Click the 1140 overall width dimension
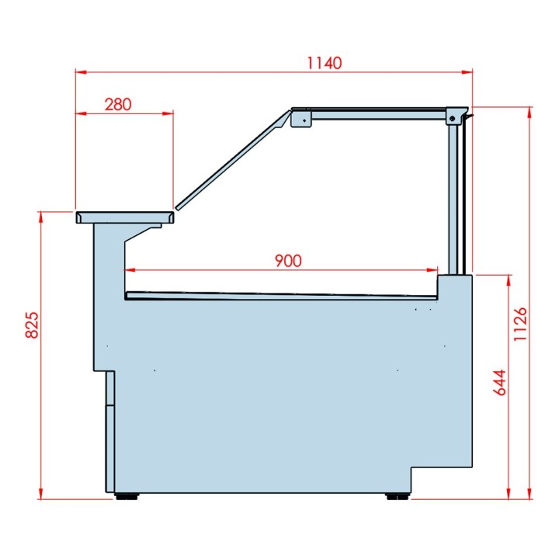[325, 63]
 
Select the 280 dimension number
[116, 104]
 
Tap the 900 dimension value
[287, 261]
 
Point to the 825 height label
[32, 325]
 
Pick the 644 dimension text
[500, 383]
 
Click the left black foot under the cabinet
[127, 495]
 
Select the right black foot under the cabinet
[397, 495]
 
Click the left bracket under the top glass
[300, 119]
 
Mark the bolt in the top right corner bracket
[452, 117]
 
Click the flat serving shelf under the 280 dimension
[124, 215]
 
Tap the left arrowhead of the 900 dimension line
[129, 270]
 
